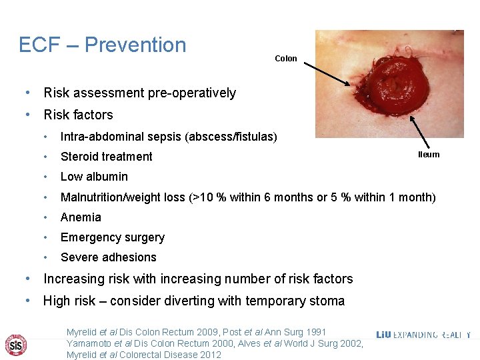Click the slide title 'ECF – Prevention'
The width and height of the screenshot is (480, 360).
point(103,45)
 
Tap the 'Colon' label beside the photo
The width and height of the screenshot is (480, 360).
point(286,59)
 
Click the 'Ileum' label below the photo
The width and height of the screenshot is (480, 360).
point(429,155)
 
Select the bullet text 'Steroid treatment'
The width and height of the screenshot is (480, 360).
point(106,157)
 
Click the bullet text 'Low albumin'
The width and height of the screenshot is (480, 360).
point(94,177)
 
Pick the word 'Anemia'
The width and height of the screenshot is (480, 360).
point(81,217)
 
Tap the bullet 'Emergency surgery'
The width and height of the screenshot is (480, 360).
point(112,237)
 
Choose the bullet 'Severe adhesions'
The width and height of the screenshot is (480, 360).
point(108,257)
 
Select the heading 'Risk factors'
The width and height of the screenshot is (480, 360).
point(78,115)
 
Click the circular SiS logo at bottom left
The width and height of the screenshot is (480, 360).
point(16,344)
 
